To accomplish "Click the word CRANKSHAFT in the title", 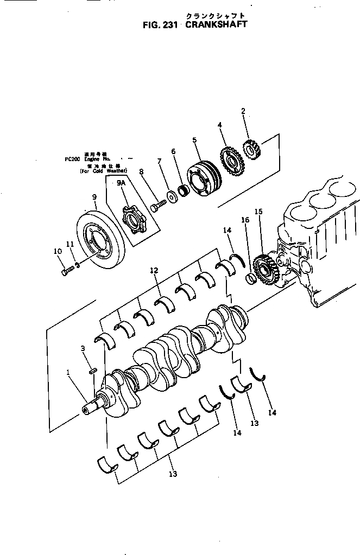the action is (x=217, y=24).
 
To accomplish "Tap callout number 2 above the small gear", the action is (x=243, y=111).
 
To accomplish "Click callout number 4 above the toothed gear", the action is (x=220, y=125).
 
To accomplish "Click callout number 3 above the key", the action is (x=83, y=348).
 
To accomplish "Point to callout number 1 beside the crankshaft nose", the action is (x=68, y=373).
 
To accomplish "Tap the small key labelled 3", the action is (x=92, y=371).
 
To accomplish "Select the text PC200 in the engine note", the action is (x=71, y=160).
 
